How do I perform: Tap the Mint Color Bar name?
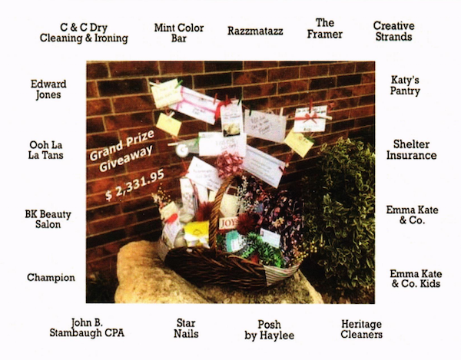179,32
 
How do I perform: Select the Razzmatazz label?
255,31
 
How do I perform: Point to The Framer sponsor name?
329,28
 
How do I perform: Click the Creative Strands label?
393,31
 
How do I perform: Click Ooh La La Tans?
46,149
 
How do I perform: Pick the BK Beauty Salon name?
48,218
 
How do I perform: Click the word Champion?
51,277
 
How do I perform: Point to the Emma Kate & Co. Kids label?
415,279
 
